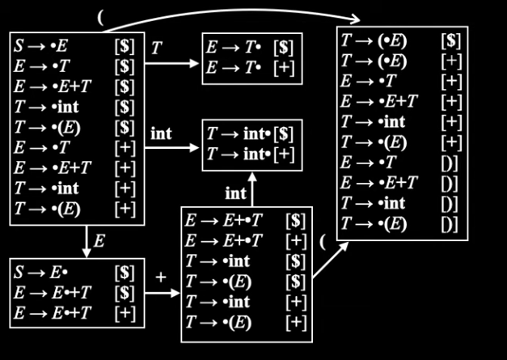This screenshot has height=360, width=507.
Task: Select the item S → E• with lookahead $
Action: coord(74,273)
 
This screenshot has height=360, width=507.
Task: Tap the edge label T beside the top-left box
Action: coord(156,49)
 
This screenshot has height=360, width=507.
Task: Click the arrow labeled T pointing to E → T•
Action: coord(171,63)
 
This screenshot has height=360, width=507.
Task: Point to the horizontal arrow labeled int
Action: coord(171,148)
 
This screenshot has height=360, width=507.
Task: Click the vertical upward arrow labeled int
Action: coord(252,189)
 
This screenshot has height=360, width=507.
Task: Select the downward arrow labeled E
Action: coord(87,241)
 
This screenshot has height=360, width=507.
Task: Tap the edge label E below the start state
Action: coord(99,241)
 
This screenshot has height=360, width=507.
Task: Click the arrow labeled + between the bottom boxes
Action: coord(163,293)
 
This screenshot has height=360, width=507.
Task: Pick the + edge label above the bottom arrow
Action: coord(161,277)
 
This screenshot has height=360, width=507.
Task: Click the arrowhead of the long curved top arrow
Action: coord(355,19)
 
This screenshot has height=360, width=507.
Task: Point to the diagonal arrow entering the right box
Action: coord(331,260)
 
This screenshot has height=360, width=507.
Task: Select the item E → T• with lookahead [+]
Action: coord(250,69)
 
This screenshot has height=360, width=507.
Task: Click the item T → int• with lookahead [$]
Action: coord(250,134)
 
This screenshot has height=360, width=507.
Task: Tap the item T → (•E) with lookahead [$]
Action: coord(401,41)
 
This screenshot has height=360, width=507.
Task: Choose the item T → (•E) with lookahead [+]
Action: coord(401,61)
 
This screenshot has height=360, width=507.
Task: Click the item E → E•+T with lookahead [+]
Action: coord(74,313)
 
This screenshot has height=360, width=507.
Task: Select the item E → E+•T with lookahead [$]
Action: coord(246,221)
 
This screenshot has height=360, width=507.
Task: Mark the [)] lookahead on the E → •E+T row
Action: coord(450,183)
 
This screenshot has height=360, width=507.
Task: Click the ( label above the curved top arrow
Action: coord(100,18)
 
